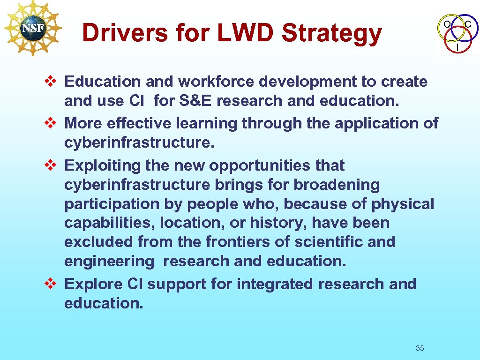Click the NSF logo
point(32,28)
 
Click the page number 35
point(420,348)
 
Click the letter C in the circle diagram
point(468,24)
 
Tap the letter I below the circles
point(457,48)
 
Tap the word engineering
point(109,261)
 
